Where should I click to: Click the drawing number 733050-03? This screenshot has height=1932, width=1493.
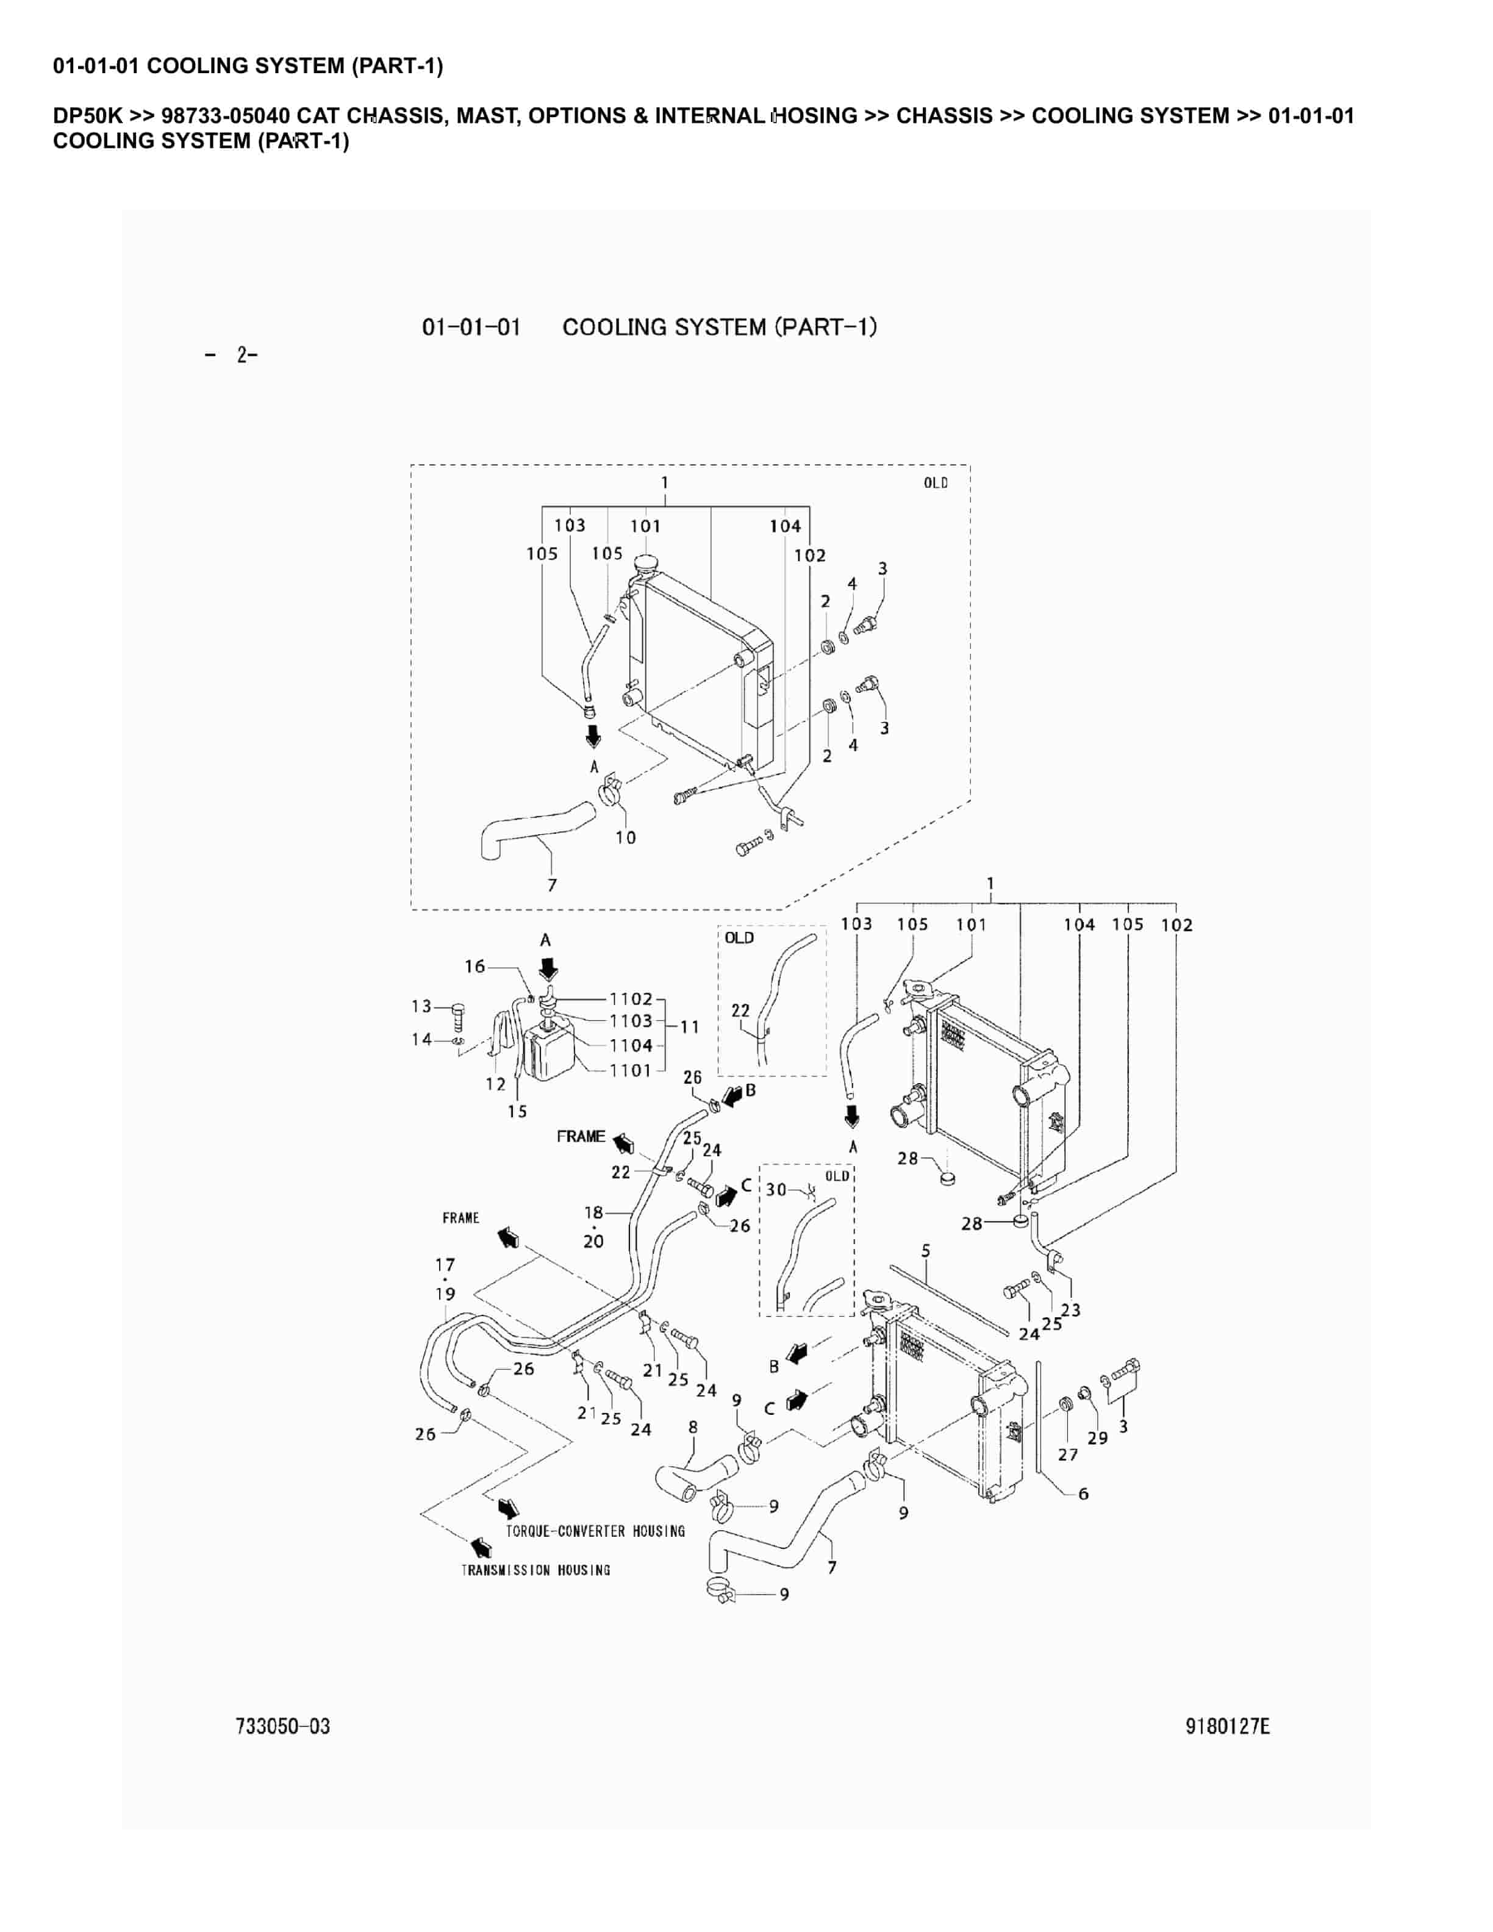282,1726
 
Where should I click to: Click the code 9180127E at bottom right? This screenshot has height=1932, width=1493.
1228,1726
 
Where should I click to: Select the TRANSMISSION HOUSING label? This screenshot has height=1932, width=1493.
536,1570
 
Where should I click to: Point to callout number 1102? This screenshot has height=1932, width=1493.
631,999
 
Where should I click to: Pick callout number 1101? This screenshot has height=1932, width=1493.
631,1070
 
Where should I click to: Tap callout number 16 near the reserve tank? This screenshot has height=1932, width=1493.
475,966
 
